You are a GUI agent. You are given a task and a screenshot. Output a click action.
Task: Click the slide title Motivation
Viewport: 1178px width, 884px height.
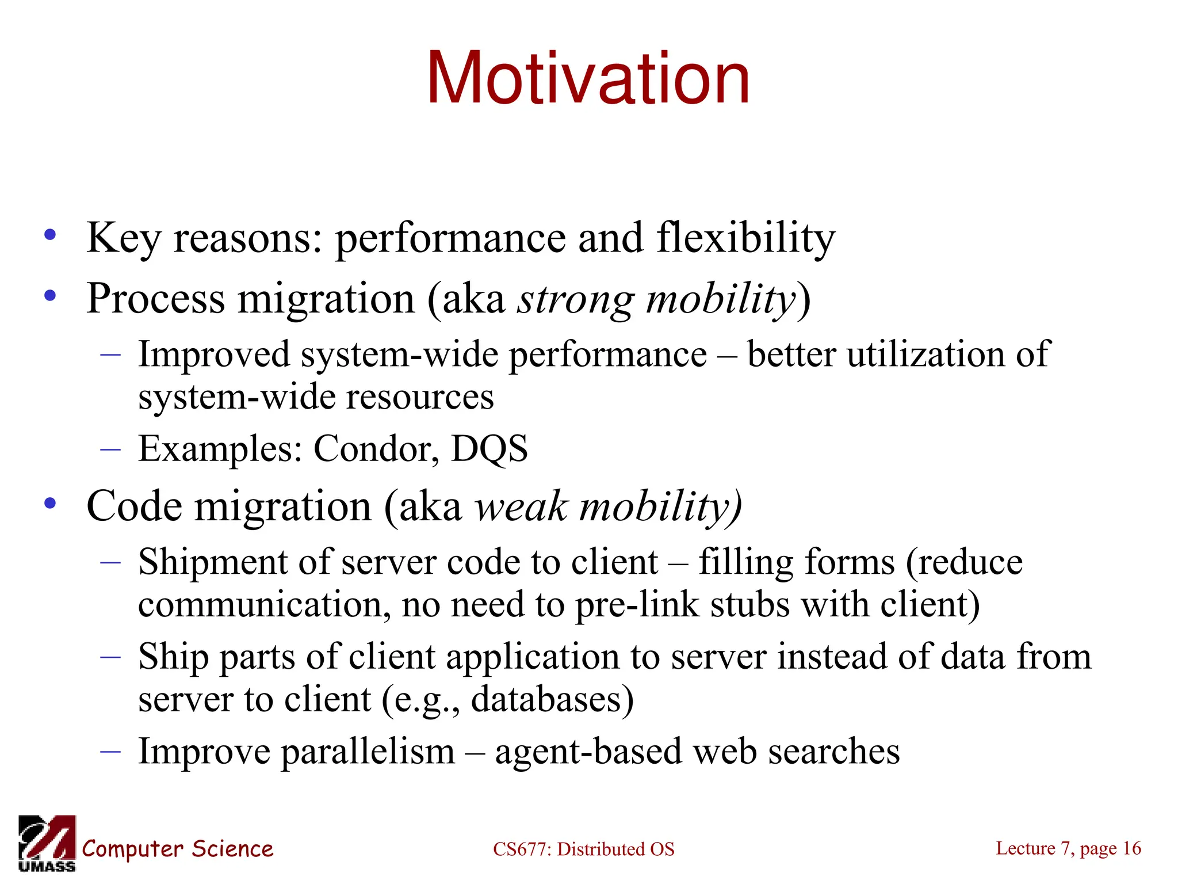coord(588,79)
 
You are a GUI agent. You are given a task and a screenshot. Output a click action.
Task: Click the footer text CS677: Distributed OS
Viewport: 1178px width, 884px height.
coord(583,849)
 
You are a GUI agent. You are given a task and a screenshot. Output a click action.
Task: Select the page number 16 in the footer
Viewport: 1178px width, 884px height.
coord(1131,848)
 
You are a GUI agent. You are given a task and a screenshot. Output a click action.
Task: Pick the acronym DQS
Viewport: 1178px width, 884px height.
coord(489,449)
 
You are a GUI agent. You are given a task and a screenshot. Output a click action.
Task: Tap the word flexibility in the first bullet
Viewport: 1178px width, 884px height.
coord(745,238)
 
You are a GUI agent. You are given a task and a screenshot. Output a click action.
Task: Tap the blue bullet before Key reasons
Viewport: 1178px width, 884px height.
coord(51,234)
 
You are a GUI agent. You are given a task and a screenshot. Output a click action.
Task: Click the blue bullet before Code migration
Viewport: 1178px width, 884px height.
coord(51,503)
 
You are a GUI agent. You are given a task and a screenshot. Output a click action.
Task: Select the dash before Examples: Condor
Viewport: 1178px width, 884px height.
coord(110,449)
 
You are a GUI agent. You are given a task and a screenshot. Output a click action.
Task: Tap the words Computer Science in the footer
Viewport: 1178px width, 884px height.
coord(177,849)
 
